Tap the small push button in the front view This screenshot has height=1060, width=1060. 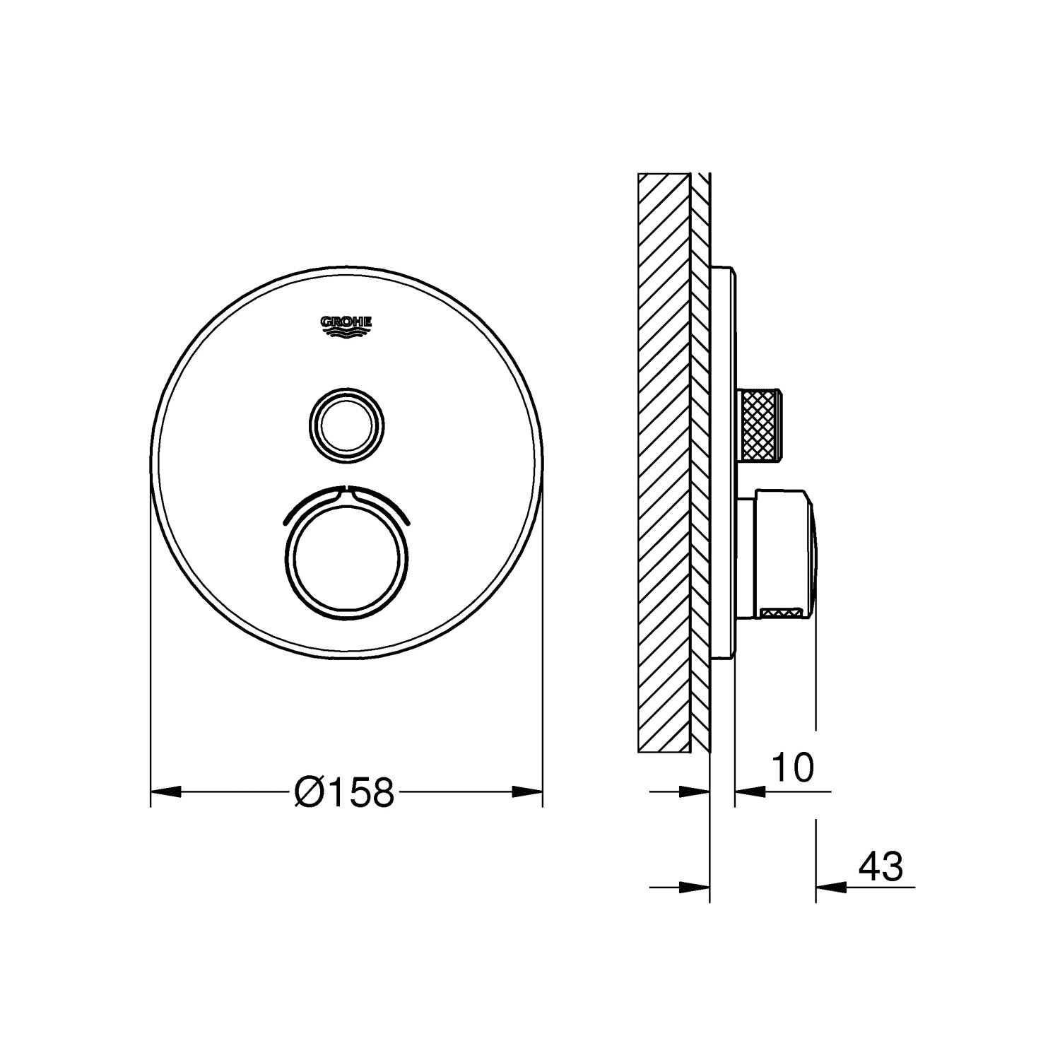348,427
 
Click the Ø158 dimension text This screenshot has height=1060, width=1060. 344,792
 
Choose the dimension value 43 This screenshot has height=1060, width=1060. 881,866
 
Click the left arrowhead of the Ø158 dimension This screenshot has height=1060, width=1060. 167,792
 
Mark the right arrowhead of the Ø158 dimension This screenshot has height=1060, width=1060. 527,792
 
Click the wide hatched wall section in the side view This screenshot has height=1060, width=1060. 663,463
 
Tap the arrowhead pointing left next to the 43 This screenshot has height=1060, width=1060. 830,886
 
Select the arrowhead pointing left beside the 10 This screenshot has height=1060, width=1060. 749,792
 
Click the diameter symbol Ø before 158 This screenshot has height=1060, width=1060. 308,792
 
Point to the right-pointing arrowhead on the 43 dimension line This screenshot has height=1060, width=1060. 695,886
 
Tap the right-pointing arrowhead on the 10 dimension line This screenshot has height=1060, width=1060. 695,792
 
